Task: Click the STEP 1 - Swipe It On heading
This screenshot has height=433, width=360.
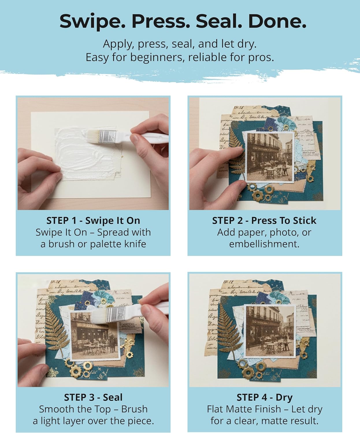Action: [93, 221]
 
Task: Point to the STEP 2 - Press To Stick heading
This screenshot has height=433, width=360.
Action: [264, 221]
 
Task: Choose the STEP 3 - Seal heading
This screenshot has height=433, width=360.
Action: [93, 397]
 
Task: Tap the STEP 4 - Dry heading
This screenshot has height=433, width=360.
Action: [265, 397]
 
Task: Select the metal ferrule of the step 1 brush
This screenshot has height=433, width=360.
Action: [107, 137]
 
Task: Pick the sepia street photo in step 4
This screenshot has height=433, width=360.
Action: [270, 331]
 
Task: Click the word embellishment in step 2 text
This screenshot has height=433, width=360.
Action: [264, 244]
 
